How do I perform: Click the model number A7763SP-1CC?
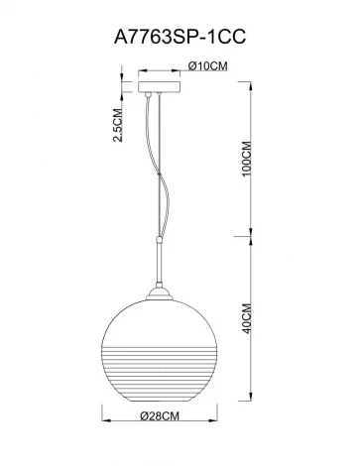180,36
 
